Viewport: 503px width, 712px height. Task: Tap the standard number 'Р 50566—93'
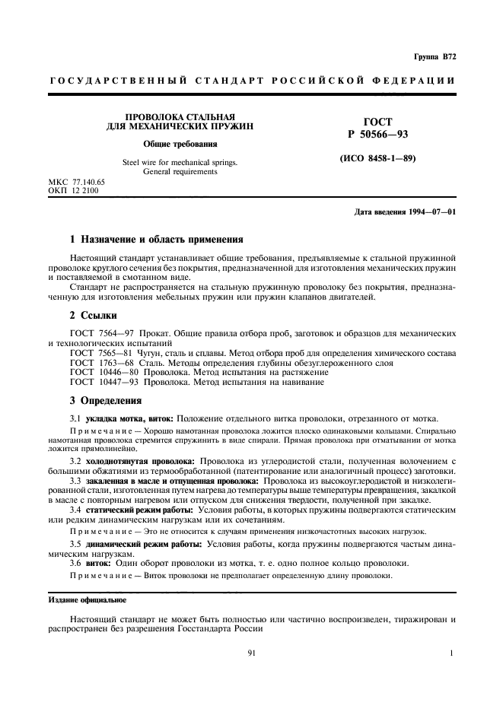tap(375, 134)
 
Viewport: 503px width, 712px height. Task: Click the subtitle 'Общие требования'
tap(180, 144)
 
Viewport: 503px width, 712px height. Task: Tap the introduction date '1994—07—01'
tap(432, 211)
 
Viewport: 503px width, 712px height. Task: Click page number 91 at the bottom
tap(252, 653)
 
